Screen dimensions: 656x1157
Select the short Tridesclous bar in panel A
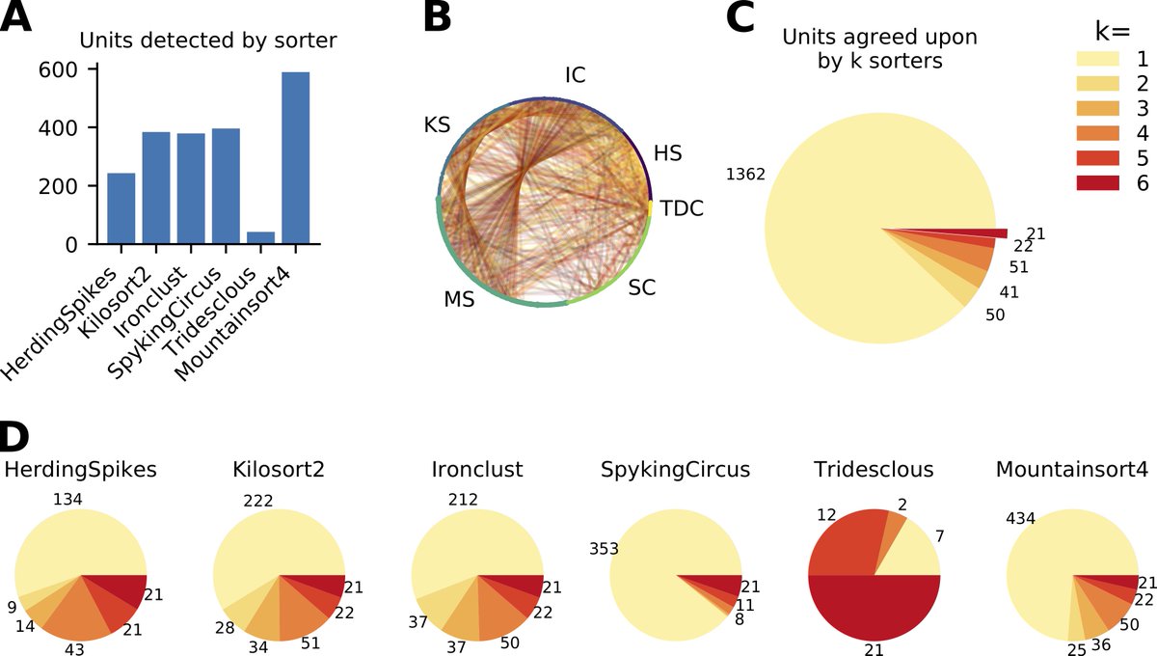(260, 238)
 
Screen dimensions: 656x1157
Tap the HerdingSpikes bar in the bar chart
(121, 208)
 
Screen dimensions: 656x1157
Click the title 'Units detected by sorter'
(208, 41)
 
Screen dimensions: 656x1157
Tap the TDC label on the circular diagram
(683, 208)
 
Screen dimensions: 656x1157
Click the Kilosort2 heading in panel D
(279, 470)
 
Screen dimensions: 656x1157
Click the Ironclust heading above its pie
(477, 470)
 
